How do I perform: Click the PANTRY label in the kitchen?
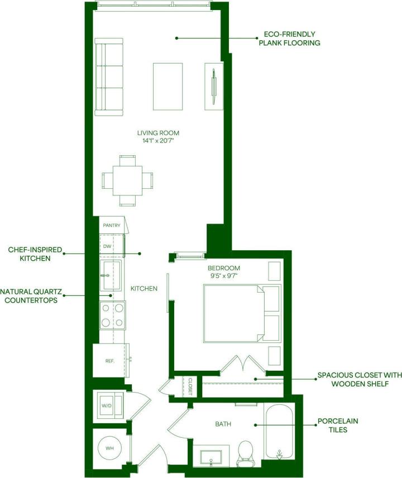click(112, 226)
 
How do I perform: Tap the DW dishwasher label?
click(107, 246)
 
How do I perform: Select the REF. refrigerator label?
click(109, 361)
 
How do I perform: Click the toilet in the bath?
click(245, 453)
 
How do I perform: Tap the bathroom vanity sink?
click(212, 457)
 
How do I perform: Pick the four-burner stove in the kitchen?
click(112, 316)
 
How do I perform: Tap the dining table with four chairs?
click(127, 180)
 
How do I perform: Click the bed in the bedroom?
click(233, 313)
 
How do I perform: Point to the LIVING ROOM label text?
click(158, 133)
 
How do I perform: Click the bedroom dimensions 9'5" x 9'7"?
click(223, 275)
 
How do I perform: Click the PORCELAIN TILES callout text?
click(337, 425)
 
